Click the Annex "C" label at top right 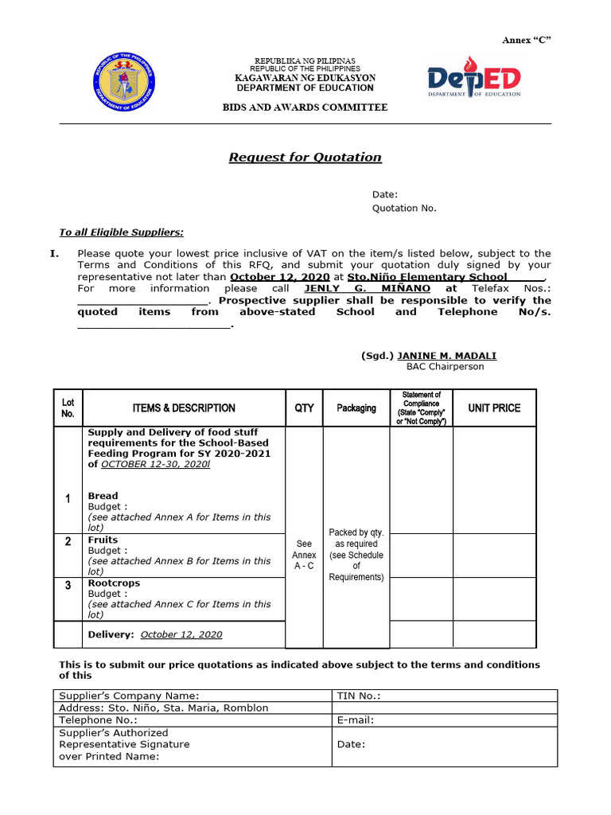[x=526, y=41]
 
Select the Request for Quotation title [x=305, y=158]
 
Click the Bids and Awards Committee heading [x=305, y=107]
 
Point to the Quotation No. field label [x=404, y=209]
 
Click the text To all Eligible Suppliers [x=122, y=232]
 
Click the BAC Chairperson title [x=445, y=367]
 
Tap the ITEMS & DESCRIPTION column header [x=184, y=408]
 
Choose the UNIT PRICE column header [x=494, y=407]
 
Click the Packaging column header [x=356, y=408]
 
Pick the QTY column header [x=304, y=408]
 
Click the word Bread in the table [x=103, y=496]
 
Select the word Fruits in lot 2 [x=103, y=540]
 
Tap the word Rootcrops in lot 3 [x=114, y=583]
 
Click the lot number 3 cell [x=68, y=586]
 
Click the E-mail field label [x=356, y=720]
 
